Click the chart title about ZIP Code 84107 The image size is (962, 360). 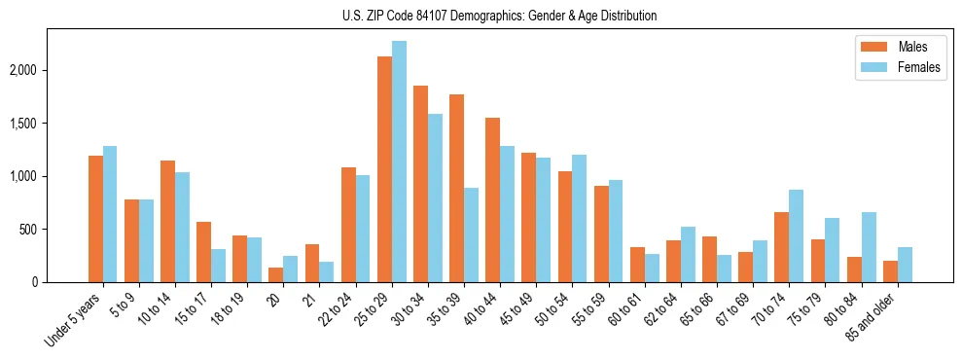click(499, 16)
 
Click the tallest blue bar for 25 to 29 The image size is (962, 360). click(399, 162)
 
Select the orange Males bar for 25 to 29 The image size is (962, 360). click(384, 169)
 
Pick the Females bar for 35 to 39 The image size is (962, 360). click(471, 234)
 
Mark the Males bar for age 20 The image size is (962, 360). click(276, 274)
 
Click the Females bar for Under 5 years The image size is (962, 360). click(110, 214)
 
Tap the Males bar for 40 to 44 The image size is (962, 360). click(492, 199)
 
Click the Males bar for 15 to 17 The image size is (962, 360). click(204, 252)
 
